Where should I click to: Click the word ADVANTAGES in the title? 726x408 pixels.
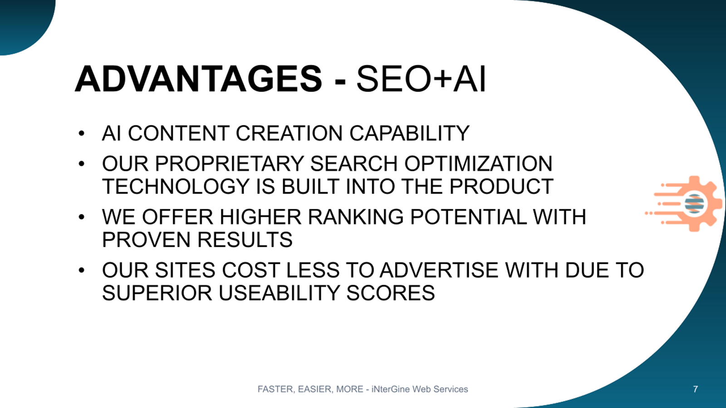tap(198, 79)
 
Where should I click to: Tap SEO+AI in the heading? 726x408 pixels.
tap(421, 79)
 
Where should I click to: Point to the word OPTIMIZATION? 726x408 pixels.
tap(478, 163)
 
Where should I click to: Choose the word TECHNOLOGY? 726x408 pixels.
tap(176, 186)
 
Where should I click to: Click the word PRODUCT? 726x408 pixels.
tap(501, 186)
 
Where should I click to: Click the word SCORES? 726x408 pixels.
tap(391, 293)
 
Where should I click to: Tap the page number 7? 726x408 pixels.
tap(695, 389)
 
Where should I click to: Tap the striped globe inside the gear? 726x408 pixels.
tap(694, 204)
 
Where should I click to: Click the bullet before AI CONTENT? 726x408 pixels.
tap(81, 133)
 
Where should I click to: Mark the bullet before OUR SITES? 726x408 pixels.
tap(81, 270)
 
